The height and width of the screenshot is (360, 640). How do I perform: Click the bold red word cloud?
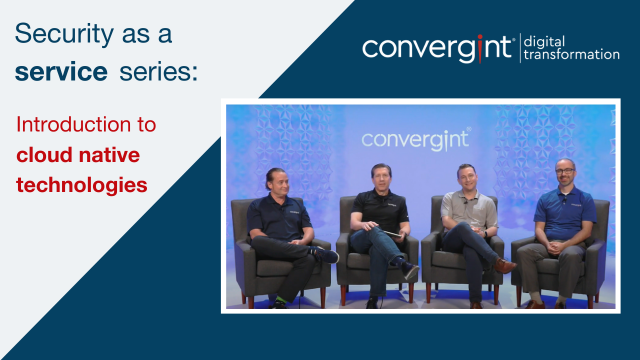43,157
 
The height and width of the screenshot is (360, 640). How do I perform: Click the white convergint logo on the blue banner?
439,48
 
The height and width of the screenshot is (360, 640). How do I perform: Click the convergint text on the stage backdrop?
415,137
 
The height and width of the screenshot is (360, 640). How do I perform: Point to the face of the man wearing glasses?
566,172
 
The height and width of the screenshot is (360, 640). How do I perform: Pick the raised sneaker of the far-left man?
326,255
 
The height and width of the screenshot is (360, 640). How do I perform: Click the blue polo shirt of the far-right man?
566,212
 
